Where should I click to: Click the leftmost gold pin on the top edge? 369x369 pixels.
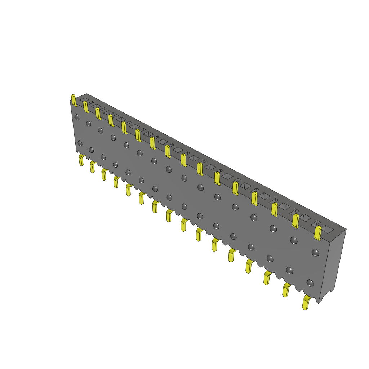click(x=74, y=100)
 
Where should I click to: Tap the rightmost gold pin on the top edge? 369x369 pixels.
click(x=317, y=233)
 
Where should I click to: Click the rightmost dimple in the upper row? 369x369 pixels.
click(x=315, y=253)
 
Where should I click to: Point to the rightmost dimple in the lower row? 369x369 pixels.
click(x=310, y=283)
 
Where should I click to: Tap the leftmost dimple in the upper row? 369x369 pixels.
click(x=77, y=117)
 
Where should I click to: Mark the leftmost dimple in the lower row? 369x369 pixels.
click(x=80, y=143)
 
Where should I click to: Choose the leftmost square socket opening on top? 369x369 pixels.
click(x=84, y=99)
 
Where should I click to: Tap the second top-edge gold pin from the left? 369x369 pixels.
click(x=86, y=107)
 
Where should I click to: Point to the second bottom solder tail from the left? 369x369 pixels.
click(x=93, y=167)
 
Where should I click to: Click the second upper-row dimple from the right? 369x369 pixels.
click(x=294, y=240)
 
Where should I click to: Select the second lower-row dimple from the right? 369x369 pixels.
click(x=289, y=270)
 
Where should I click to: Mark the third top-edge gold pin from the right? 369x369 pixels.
click(x=274, y=209)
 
